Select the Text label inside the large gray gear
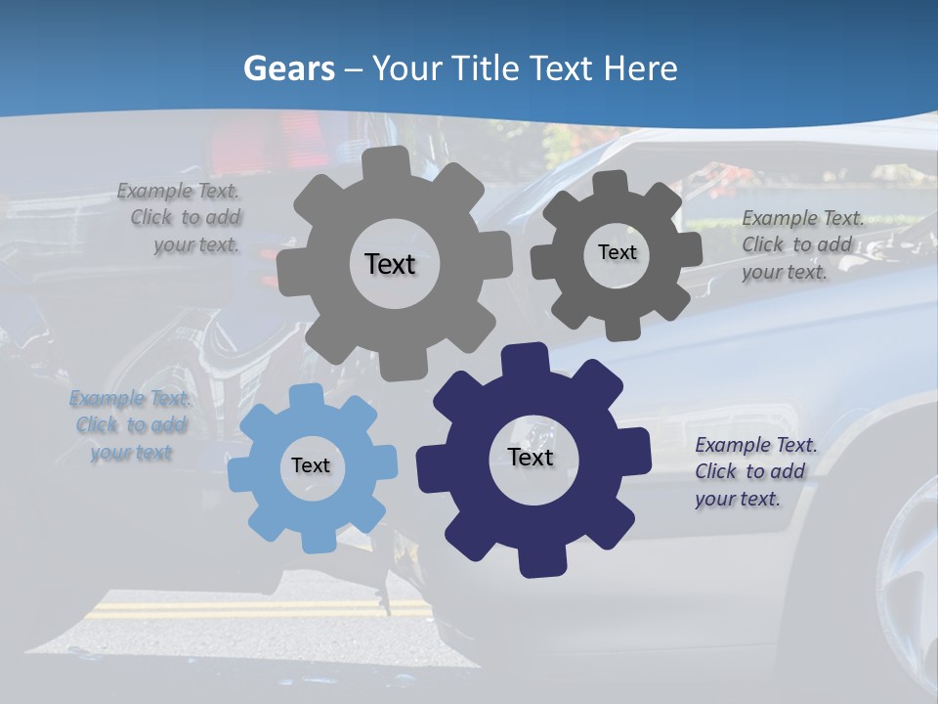pos(390,264)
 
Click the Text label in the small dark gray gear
pos(617,252)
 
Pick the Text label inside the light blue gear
pos(311,465)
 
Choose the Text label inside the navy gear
pos(531,457)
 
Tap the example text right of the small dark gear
pos(801,244)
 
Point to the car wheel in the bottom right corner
pos(904,587)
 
